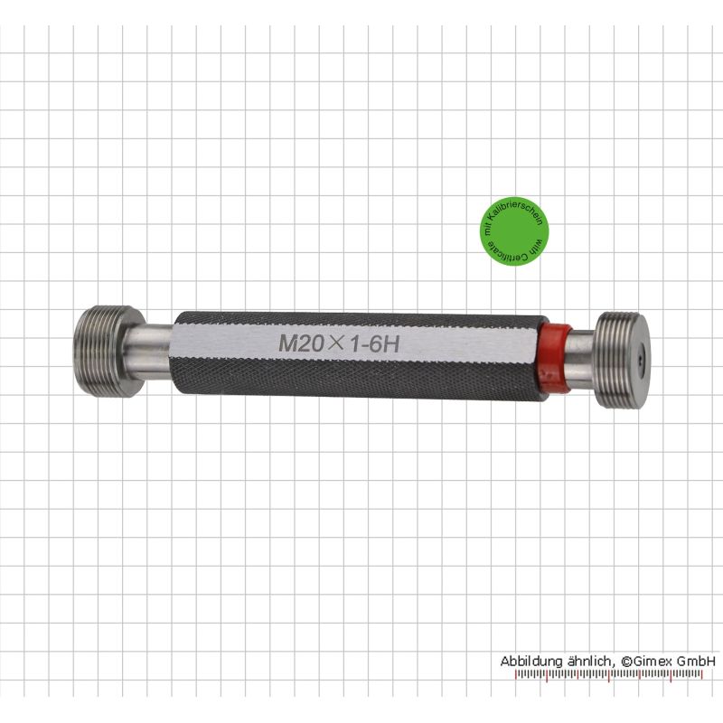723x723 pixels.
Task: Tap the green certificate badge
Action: pos(514,232)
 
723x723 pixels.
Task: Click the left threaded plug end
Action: pos(108,352)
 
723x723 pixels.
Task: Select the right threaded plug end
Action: pos(624,360)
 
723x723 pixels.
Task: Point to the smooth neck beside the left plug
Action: pos(150,352)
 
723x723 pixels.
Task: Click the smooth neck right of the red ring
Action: pos(583,359)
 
